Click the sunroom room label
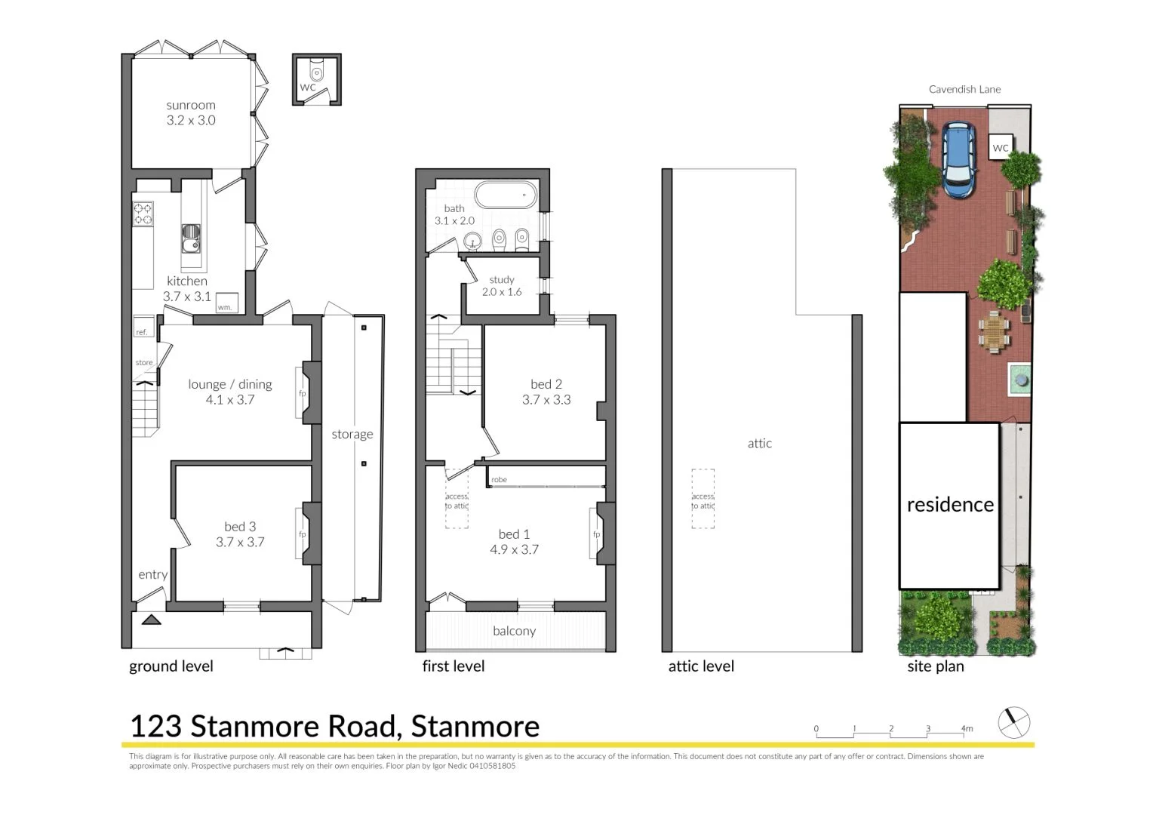191,106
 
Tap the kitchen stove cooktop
143,214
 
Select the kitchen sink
192,238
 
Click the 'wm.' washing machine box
226,303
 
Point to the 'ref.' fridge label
142,332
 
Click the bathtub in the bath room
506,195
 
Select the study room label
502,280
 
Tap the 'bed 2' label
546,384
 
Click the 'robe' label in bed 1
499,480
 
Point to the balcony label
514,631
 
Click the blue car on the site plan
958,160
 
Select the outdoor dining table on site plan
995,332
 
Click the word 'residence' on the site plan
950,505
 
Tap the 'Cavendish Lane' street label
964,89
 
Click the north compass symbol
1013,723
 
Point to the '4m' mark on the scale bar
967,729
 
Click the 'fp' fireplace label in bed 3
303,534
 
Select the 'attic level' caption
701,666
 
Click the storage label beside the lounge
352,435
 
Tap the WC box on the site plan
1000,147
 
